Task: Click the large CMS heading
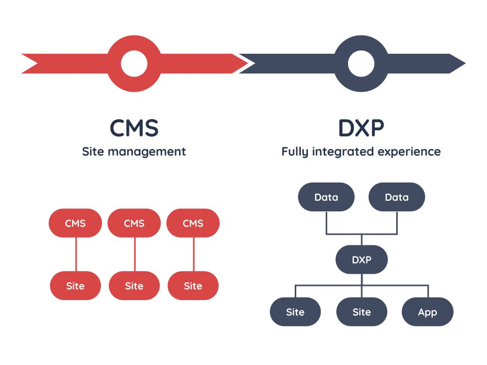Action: point(134,128)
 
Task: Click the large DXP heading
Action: point(361,128)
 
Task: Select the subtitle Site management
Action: point(134,151)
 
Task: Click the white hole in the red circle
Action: point(134,64)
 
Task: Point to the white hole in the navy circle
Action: point(361,64)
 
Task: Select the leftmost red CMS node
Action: point(76,223)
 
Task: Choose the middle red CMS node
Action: point(134,223)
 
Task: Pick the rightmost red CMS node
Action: point(193,223)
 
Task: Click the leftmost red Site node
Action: point(76,286)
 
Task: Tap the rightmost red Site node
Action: point(193,286)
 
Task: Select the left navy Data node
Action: point(326,197)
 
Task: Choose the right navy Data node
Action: point(396,197)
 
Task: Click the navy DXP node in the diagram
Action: point(361,260)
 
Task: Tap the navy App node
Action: point(427,312)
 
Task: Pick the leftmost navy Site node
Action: point(295,312)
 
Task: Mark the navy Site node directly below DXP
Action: point(361,312)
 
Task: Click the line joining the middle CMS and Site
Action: point(134,254)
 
